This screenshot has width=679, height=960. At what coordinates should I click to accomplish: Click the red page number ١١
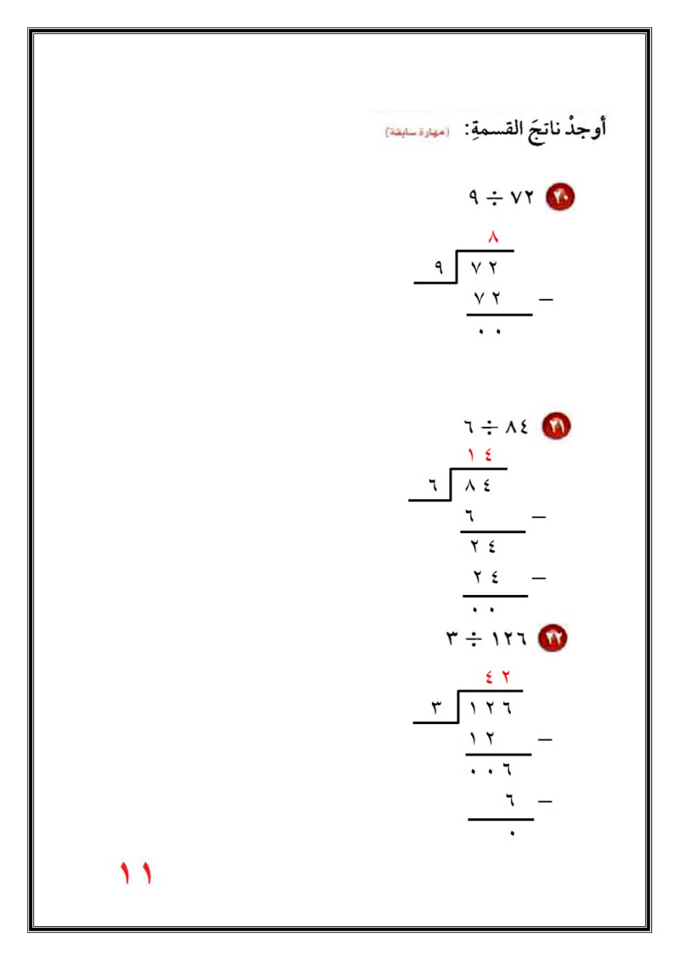coord(135,873)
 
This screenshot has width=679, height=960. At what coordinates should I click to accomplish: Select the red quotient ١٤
coord(480,457)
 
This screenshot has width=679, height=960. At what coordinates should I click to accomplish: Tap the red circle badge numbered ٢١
coord(557,425)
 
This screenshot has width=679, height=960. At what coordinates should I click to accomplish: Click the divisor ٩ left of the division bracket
coord(439,267)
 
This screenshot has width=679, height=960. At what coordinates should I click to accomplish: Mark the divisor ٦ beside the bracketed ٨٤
coord(432,486)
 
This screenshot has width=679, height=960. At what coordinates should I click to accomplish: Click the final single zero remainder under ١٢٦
coord(511,834)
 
